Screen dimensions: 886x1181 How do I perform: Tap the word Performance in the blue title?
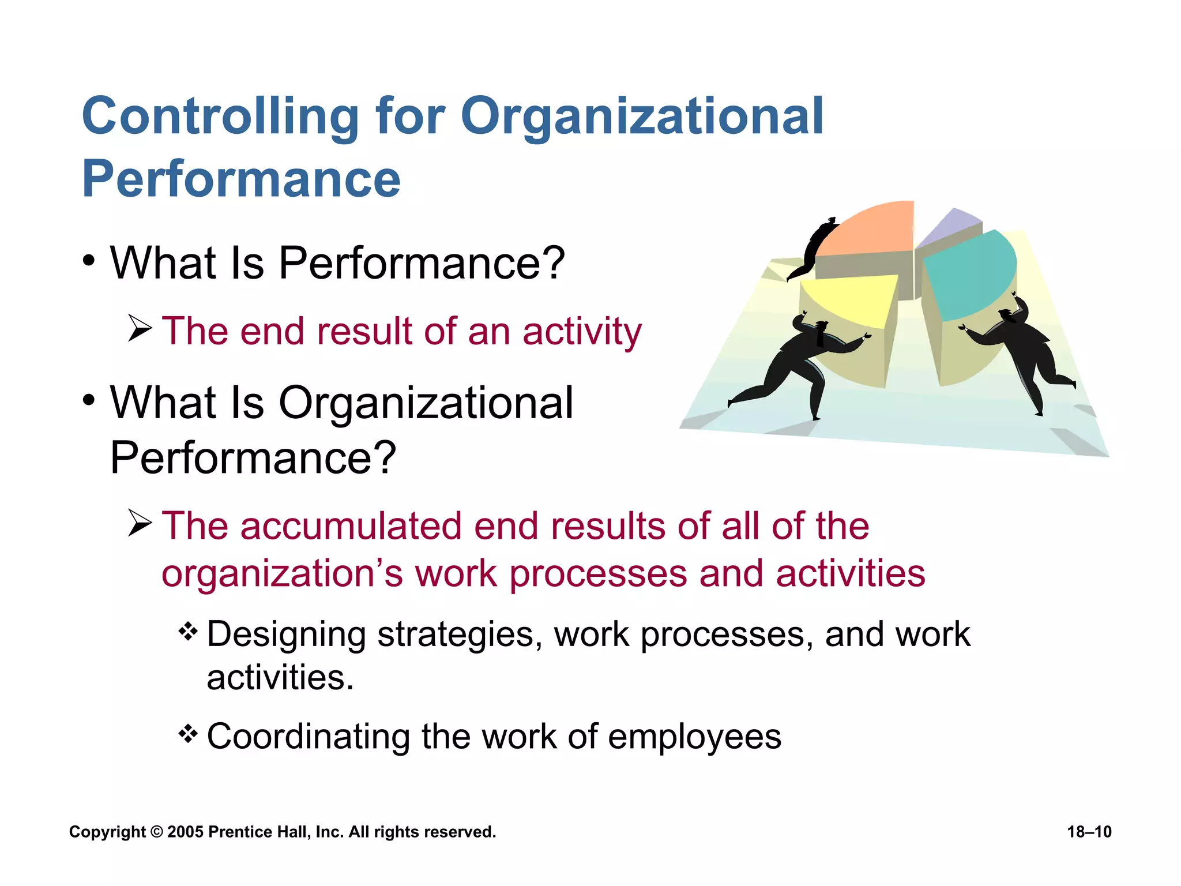click(241, 179)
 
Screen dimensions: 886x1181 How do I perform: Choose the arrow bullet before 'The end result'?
click(140, 328)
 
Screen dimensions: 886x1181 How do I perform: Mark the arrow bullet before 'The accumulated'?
click(140, 523)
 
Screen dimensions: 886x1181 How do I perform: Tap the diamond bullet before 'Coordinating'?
click(188, 734)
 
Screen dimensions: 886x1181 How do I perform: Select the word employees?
click(694, 737)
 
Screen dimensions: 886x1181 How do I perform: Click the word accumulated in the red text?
click(351, 526)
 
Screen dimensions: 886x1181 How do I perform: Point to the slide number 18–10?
click(1089, 832)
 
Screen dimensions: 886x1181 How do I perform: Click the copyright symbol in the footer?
click(156, 832)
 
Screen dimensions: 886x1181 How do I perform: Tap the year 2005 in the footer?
click(185, 832)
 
